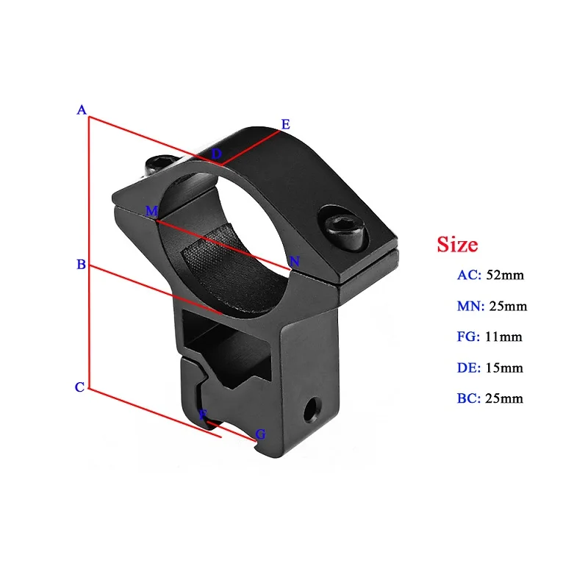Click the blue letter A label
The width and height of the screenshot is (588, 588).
82,110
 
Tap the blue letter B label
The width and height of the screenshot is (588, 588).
82,265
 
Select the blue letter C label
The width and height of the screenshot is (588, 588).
80,387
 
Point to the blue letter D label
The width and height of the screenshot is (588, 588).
216,154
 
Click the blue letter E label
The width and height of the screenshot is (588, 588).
286,124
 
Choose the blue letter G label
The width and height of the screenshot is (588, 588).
260,434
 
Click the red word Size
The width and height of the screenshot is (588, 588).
457,244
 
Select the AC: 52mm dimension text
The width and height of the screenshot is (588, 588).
490,276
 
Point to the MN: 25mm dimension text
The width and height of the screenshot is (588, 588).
492,306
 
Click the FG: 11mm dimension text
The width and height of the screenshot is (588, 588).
490,337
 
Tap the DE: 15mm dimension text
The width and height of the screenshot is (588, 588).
490,368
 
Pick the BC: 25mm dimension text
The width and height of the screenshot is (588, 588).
490,399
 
